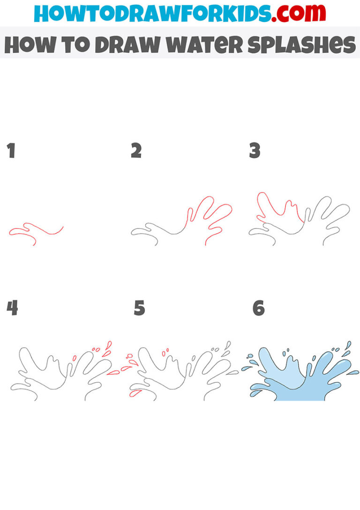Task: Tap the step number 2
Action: point(136,151)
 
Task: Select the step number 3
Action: point(255,151)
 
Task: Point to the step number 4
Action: point(12,309)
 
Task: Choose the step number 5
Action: point(139,309)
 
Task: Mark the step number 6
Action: point(258,309)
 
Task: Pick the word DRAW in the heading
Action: point(123,45)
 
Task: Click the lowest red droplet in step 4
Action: point(113,373)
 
